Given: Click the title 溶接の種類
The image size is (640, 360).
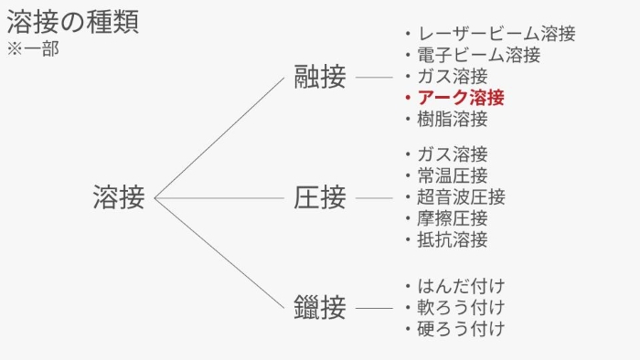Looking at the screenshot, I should (73, 22).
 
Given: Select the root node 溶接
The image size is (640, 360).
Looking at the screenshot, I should (119, 197).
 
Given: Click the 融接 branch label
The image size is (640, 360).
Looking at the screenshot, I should (320, 78).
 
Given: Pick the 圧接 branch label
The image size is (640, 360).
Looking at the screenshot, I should (320, 197).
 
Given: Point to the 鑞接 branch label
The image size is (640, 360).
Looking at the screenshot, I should (320, 307).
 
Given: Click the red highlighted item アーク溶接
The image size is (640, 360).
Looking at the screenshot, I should (461, 98).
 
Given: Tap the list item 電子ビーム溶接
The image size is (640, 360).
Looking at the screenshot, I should (478, 55).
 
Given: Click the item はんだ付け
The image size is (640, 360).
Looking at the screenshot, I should (461, 286).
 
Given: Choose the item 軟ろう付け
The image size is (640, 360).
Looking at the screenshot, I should (461, 307).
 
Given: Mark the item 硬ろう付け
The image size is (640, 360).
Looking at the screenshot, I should (461, 328).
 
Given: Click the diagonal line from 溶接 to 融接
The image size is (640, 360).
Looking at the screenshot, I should (219, 137).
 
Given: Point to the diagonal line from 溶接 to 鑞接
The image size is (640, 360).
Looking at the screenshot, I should (219, 252).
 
